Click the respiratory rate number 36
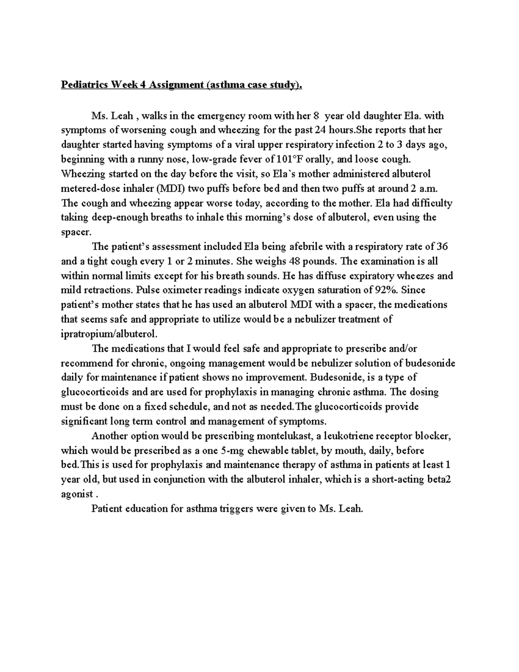[442, 247]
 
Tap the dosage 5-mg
[229, 450]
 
